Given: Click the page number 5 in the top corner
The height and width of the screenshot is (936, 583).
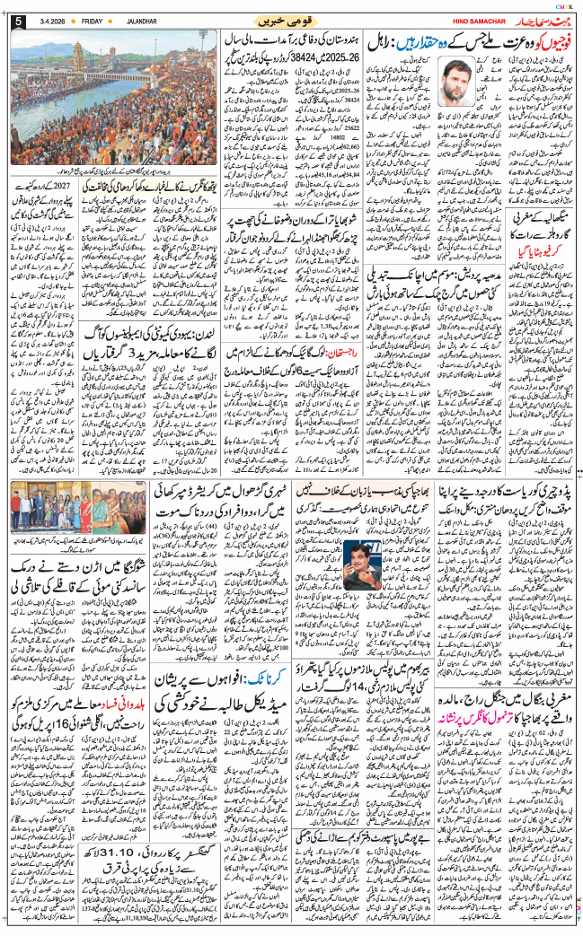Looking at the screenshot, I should coord(17,20).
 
